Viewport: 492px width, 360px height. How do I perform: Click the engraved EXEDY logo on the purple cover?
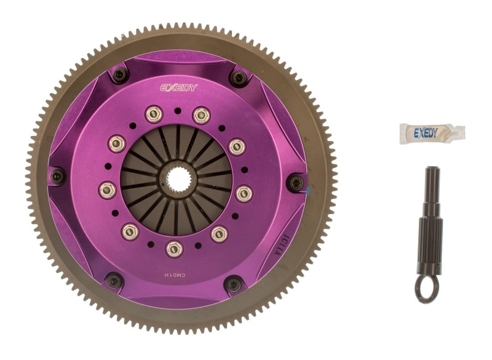[179, 87]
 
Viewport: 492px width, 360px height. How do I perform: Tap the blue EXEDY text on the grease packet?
[426, 132]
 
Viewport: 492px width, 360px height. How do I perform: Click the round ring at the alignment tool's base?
[427, 290]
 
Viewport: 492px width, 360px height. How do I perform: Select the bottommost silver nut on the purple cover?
[174, 248]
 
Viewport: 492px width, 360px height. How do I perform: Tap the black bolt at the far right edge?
[296, 182]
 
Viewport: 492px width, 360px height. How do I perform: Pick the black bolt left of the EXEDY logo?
[121, 74]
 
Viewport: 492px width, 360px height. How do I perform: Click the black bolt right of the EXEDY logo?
[239, 78]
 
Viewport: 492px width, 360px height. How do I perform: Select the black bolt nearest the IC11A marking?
[233, 284]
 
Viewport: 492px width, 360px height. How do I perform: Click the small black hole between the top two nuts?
[178, 111]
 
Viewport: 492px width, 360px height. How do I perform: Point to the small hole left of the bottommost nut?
[151, 244]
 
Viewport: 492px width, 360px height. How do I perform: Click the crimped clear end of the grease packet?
[458, 132]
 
